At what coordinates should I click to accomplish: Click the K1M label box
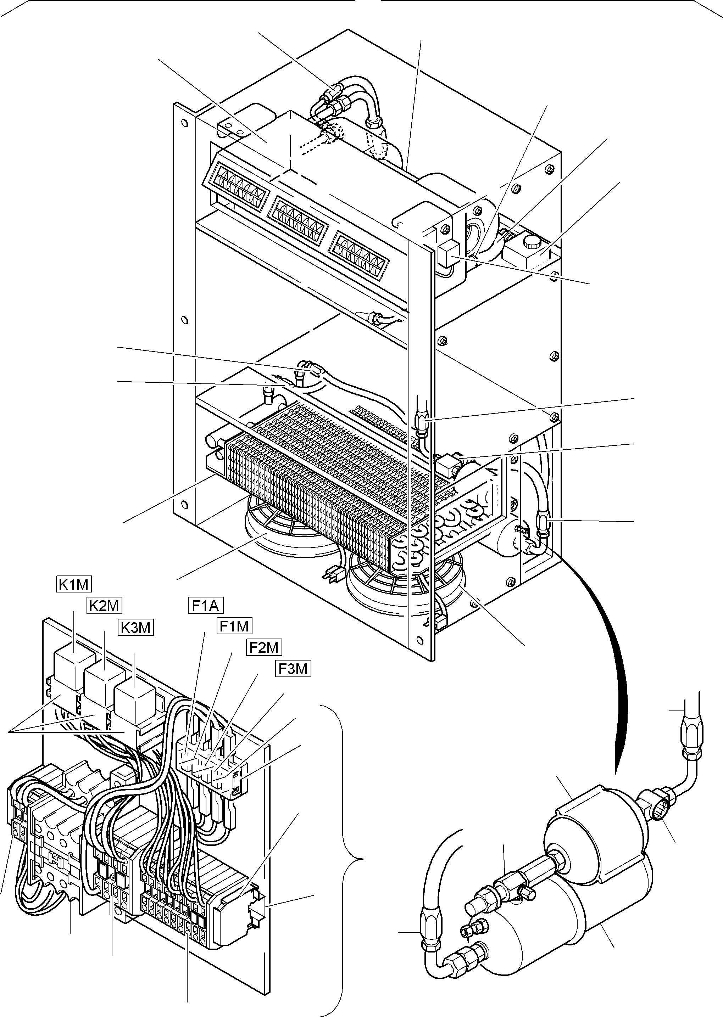pyautogui.click(x=74, y=584)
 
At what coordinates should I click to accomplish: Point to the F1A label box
pyautogui.click(x=205, y=606)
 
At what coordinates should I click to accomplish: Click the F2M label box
pyautogui.click(x=264, y=647)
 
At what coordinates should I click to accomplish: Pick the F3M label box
pyautogui.click(x=293, y=669)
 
